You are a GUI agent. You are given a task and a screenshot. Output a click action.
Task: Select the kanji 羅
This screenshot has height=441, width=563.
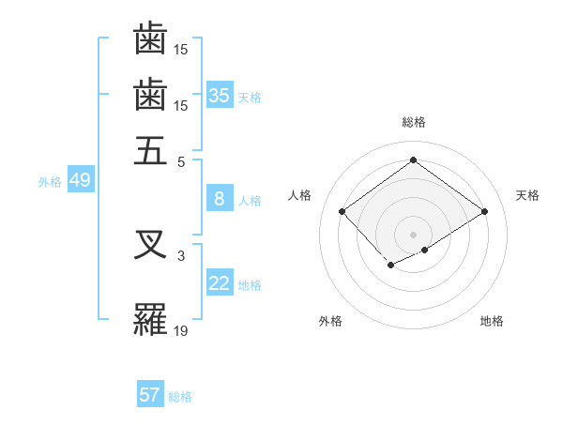click(150, 320)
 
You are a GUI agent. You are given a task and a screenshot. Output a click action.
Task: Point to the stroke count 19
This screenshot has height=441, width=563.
click(181, 329)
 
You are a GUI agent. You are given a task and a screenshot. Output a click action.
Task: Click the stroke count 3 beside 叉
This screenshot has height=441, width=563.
click(181, 253)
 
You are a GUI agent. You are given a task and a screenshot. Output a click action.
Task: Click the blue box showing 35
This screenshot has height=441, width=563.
click(220, 95)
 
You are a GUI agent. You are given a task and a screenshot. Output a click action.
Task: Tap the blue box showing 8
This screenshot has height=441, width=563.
click(220, 198)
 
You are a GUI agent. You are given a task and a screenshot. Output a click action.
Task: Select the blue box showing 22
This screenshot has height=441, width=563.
click(220, 283)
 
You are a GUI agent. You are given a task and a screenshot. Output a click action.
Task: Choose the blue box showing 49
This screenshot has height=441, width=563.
click(80, 180)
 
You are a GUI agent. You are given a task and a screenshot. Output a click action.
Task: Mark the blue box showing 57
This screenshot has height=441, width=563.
click(150, 395)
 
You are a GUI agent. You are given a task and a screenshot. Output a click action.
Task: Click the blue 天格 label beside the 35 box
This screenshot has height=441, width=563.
click(250, 97)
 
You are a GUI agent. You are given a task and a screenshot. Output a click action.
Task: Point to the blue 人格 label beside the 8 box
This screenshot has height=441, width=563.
click(250, 200)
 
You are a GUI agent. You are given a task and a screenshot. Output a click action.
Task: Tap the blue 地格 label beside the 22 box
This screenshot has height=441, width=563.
click(250, 285)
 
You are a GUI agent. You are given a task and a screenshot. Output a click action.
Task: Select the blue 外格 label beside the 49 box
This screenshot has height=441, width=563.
click(50, 182)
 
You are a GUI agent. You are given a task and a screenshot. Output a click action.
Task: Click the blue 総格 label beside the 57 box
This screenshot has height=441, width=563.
click(180, 397)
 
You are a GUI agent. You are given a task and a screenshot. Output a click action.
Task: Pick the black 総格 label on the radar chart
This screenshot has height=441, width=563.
click(414, 122)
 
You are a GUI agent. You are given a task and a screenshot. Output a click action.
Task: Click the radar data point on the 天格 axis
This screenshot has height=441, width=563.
click(484, 212)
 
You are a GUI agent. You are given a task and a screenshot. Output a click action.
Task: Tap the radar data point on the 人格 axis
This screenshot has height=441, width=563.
click(342, 212)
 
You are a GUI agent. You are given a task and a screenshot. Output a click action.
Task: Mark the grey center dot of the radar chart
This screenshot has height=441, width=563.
click(414, 234)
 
